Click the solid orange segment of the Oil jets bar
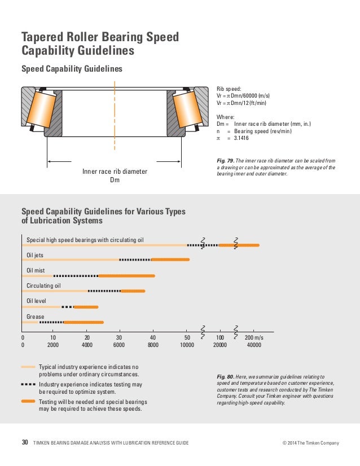point(170,260)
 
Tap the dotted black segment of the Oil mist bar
point(76,276)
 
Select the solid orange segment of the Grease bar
point(84,322)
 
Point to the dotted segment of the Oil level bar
point(68,307)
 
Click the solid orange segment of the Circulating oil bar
point(133,291)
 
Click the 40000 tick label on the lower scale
point(254,344)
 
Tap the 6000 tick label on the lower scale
point(119,344)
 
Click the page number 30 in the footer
point(25,443)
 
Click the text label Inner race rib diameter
point(115,172)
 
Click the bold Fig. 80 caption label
point(225,376)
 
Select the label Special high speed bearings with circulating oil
point(85,240)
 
